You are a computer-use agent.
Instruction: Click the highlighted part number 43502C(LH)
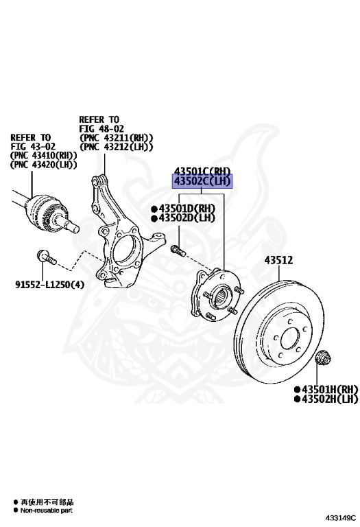click(202, 182)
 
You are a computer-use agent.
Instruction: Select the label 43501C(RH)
click(202, 171)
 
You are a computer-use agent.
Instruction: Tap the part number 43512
click(279, 260)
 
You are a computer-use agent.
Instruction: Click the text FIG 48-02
click(102, 128)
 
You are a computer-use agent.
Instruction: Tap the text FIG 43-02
click(33, 146)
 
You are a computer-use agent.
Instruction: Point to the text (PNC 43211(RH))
click(116, 137)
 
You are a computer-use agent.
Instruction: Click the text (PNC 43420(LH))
click(43, 165)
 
